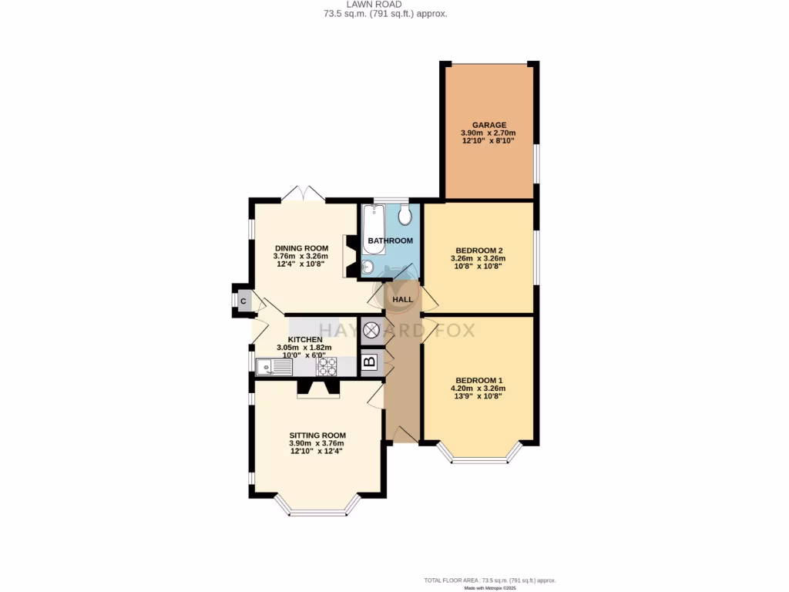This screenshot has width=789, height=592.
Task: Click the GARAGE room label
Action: (489, 125)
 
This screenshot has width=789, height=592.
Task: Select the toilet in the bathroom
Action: (405, 215)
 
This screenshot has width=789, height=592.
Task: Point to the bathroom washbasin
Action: (368, 267)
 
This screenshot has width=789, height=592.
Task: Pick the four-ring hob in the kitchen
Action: (327, 366)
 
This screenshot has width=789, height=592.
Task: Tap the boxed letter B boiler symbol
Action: (369, 361)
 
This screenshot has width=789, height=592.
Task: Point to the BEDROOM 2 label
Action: (478, 251)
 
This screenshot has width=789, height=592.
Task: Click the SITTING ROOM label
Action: (317, 435)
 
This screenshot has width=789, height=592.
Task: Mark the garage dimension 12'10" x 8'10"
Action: (489, 141)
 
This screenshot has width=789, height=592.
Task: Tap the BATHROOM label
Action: (390, 240)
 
